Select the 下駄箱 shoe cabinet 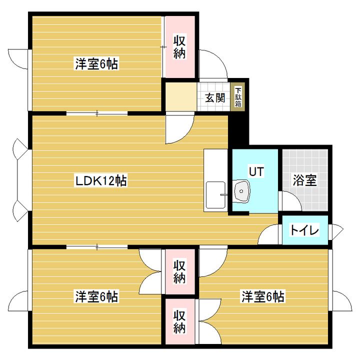(238, 98)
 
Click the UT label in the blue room (256, 171)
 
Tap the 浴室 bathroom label (304, 180)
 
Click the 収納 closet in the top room (179, 47)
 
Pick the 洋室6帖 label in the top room (96, 64)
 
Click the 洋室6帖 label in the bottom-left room (96, 296)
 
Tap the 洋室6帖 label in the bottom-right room (263, 296)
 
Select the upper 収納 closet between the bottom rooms (179, 271)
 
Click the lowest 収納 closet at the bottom (179, 321)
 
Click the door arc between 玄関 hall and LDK (176, 129)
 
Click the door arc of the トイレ (269, 234)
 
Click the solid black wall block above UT (238, 131)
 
